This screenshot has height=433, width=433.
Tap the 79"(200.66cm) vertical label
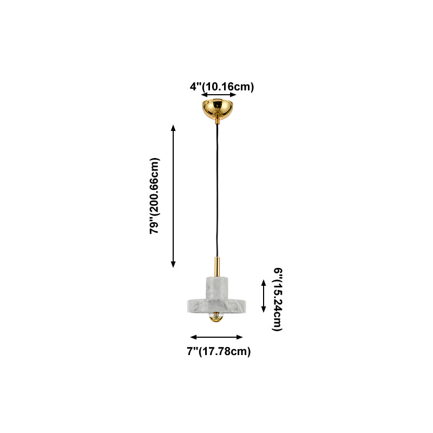coord(155,196)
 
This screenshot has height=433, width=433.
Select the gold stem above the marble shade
coord(216,266)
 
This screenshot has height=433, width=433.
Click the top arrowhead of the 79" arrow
coord(173,127)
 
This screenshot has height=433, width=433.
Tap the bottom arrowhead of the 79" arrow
coord(173,264)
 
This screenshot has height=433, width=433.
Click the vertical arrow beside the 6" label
coord(264,296)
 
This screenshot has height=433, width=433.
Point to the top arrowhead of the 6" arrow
coord(264,282)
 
